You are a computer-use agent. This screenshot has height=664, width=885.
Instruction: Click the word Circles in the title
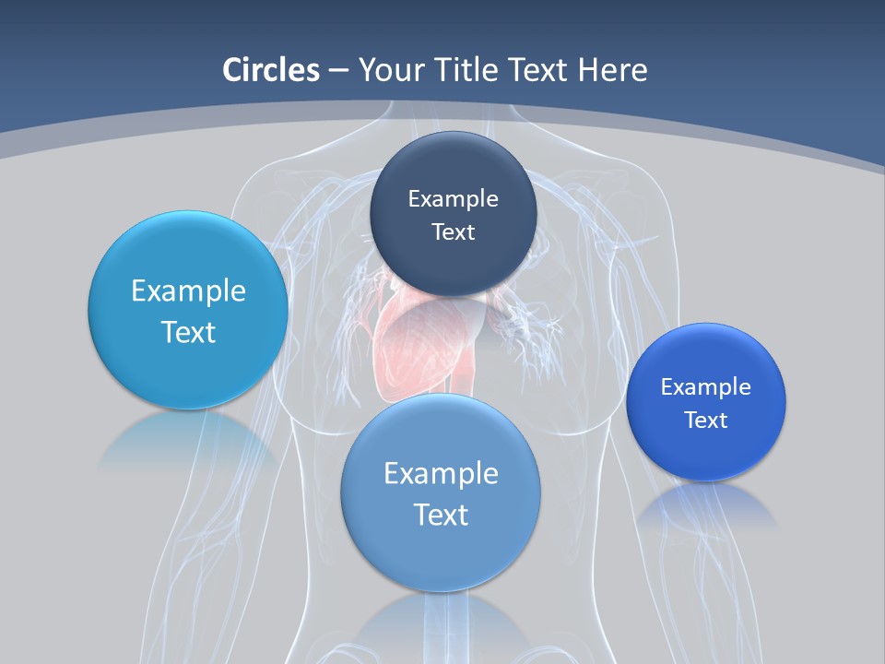point(271,70)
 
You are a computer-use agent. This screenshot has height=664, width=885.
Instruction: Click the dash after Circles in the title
point(338,71)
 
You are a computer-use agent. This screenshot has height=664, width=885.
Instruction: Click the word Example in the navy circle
point(453,198)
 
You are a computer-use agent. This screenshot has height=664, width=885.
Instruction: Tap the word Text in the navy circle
point(453,231)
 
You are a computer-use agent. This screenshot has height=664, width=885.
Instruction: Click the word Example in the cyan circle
point(188,290)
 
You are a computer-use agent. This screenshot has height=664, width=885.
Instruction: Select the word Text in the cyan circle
point(188,332)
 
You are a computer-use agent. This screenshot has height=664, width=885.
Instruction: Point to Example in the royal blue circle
point(706,386)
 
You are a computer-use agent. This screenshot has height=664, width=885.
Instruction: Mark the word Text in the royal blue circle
point(706,420)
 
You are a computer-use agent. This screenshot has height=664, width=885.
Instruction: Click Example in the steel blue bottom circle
point(441,473)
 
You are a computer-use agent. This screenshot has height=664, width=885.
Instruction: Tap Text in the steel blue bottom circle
point(441,515)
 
